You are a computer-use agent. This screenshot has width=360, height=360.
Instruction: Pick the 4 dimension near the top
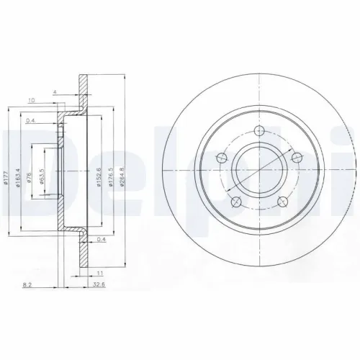click(54, 91)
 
